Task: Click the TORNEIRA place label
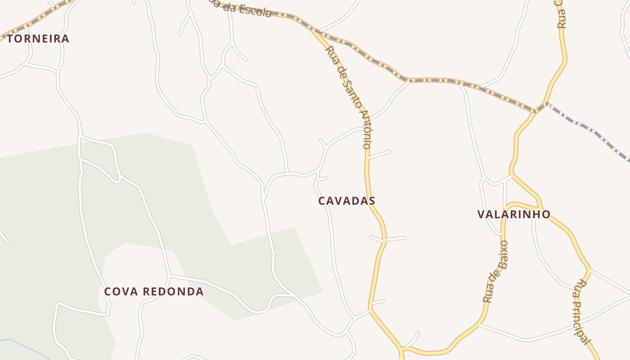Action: pos(38,39)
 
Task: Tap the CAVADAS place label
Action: pos(346,201)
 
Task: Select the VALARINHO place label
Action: pos(514,214)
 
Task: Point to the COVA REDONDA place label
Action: pos(154,292)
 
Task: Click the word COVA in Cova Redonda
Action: pos(119,292)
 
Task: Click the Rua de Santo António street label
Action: pos(349,97)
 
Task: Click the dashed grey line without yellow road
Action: pos(589,130)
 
